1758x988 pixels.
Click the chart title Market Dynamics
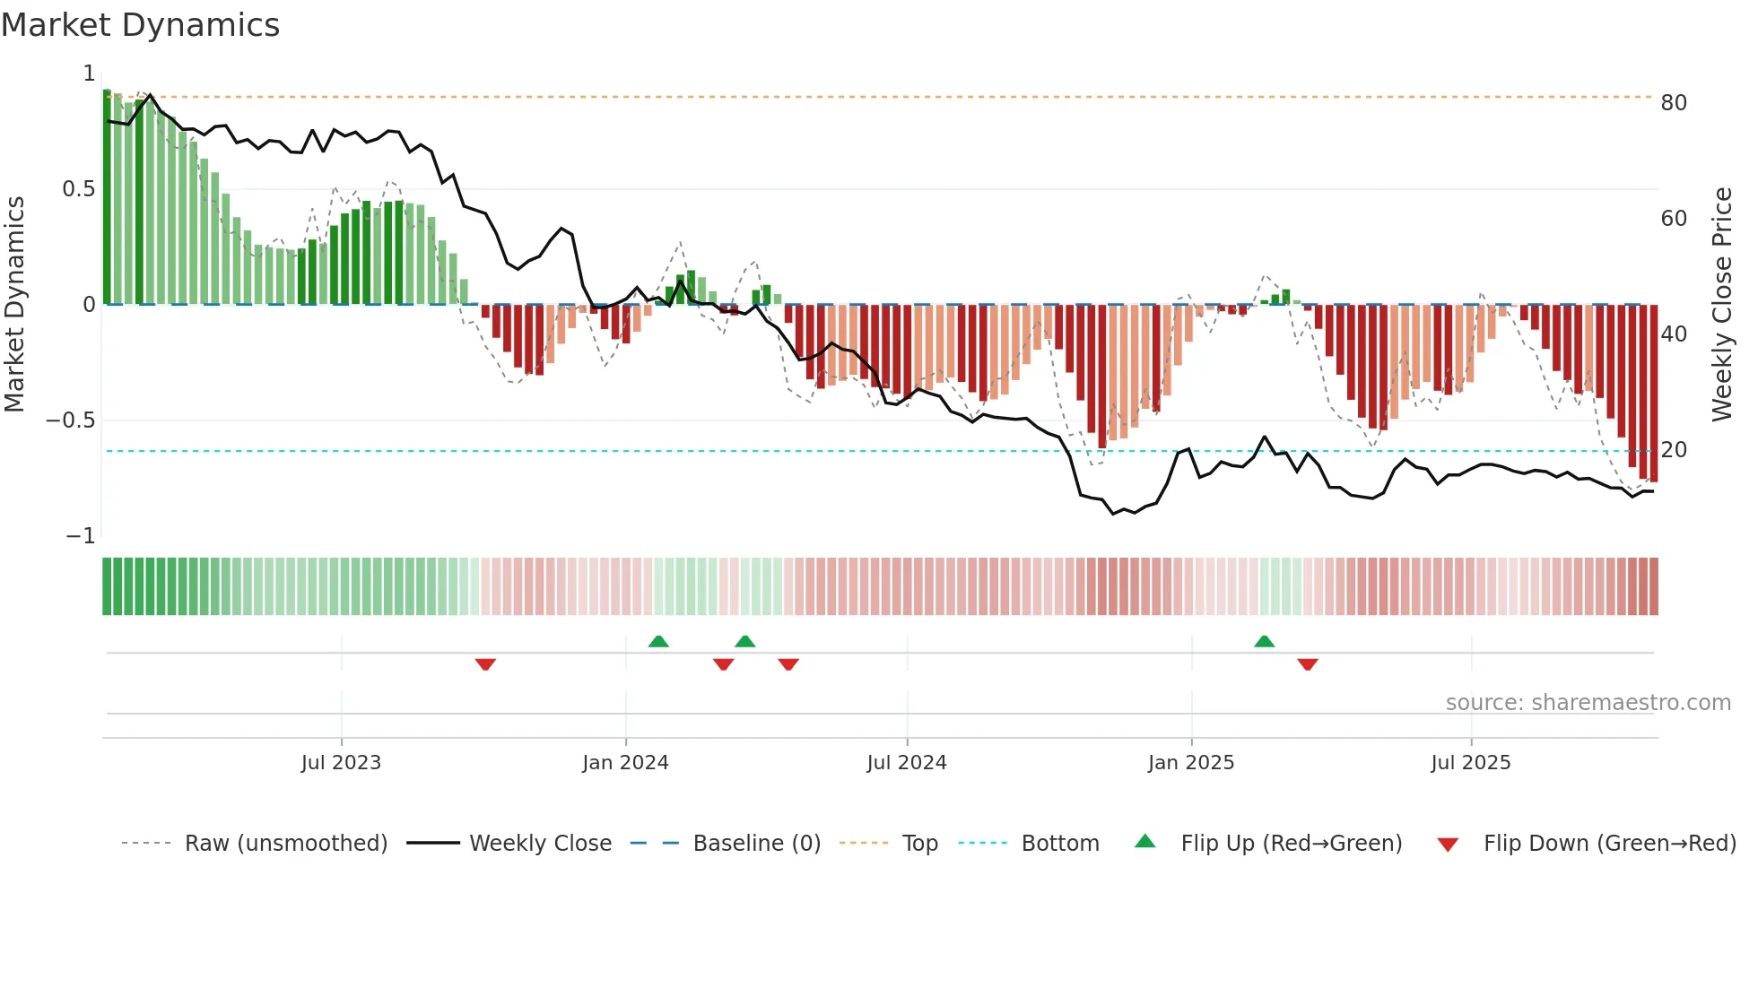[x=141, y=25]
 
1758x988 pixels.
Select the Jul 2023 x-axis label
[x=341, y=763]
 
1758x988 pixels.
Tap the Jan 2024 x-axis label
[x=625, y=763]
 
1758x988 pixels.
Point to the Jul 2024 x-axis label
[x=907, y=763]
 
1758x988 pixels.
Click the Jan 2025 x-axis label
[x=1191, y=763]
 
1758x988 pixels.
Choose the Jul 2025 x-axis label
[x=1471, y=763]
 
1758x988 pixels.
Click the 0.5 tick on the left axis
[x=79, y=189]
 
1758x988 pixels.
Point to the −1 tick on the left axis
[x=81, y=536]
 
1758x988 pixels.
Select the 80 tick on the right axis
[x=1674, y=103]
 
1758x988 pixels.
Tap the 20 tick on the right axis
[x=1674, y=450]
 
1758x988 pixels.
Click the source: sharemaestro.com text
[x=1588, y=703]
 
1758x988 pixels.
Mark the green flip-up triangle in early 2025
[x=1264, y=642]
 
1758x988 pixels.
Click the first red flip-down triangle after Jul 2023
[x=485, y=664]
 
